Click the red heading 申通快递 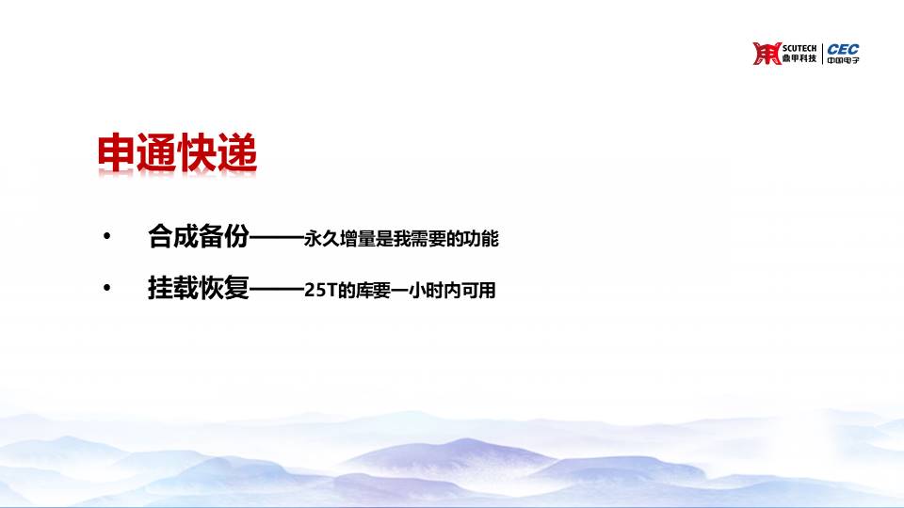pos(177,153)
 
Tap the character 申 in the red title pos(117,153)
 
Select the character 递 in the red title pos(237,153)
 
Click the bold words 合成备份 pos(199,236)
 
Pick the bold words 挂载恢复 pos(199,288)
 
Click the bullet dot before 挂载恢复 pos(106,287)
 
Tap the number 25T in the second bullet pos(320,291)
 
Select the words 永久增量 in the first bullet pos(340,238)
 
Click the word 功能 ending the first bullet pos(481,238)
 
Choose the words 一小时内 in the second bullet pos(426,291)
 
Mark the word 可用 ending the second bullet pos(478,291)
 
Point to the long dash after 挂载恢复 pos(277,288)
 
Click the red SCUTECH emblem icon pos(767,53)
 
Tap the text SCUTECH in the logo pos(799,48)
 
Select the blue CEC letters pos(843,49)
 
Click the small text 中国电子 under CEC pos(843,60)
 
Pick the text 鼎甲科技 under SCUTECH pos(799,58)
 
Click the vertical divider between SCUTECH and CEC pos(822,54)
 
